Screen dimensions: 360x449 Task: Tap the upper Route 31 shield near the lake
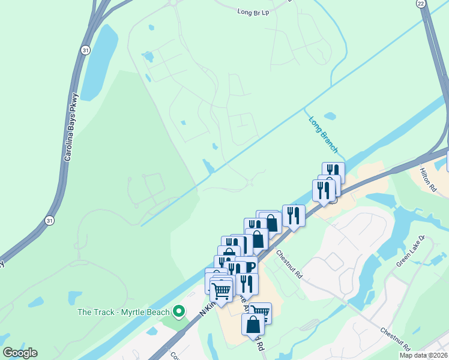click(x=86, y=51)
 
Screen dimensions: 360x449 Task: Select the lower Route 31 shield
click(x=49, y=221)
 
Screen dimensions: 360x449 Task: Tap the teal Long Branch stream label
click(x=324, y=135)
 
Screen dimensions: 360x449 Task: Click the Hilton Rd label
click(x=428, y=179)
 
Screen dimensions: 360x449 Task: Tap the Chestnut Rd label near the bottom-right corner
click(x=394, y=339)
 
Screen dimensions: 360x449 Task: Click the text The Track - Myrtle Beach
click(x=124, y=311)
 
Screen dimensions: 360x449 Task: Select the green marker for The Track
click(x=178, y=311)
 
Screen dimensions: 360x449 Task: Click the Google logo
click(x=20, y=353)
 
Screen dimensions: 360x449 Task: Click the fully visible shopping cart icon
click(x=221, y=291)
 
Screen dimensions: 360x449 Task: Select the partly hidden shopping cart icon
click(x=262, y=310)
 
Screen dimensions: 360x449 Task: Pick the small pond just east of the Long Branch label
click(x=330, y=116)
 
